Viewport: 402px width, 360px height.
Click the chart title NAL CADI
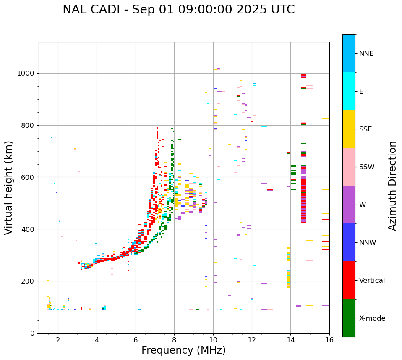pos(178,10)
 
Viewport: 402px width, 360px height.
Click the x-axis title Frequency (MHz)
pos(183,350)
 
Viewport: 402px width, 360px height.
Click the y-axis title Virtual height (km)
pos(9,188)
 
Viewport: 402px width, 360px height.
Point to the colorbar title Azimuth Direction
pos(392,186)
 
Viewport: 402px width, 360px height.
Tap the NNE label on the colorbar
pos(366,54)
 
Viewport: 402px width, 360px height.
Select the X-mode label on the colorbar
pos(372,318)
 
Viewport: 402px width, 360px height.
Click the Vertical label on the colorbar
pos(372,281)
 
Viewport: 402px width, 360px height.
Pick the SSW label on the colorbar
pos(367,167)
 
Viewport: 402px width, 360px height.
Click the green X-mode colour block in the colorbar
pos(349,318)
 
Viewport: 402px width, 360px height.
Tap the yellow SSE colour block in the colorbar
pos(349,129)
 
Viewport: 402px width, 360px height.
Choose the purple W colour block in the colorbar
pos(349,205)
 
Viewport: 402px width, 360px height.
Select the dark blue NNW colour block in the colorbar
pos(349,242)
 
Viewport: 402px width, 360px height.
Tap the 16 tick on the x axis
pos(329,340)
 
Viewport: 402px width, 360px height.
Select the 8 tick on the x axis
pos(174,340)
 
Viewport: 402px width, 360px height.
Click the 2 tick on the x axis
pos(58,340)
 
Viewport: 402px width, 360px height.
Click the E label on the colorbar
pos(361,92)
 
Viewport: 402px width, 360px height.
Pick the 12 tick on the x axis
pos(252,340)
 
